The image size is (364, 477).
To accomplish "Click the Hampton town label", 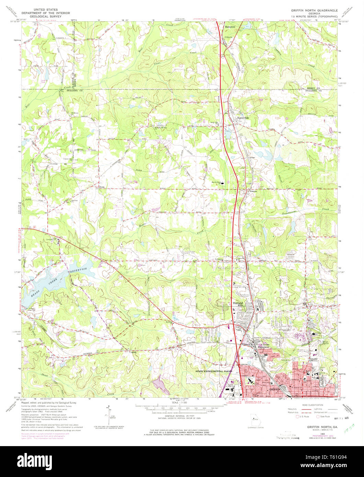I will pos(230,26).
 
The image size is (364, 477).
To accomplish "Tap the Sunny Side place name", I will pos(243,117).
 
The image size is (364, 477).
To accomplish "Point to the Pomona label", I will pos(253,191).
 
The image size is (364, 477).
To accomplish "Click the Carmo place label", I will pos(251,158).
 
